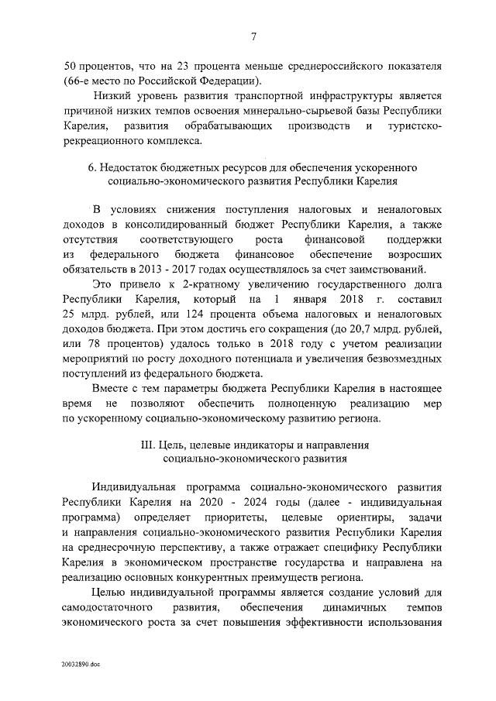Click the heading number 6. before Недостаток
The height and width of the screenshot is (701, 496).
click(93, 168)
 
